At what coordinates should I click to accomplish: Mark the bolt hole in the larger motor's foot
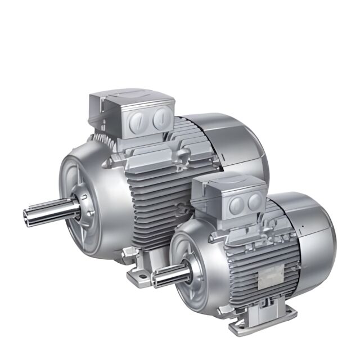coord(140,277)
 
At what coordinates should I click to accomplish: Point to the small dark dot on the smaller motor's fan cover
coord(302,227)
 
